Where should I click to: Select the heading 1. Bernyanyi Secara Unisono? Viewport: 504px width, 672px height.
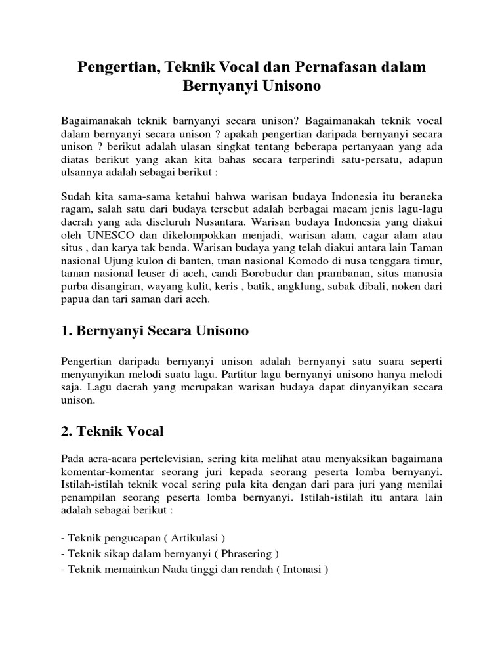click(154, 331)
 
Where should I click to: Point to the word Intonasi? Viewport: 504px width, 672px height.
click(302, 569)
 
